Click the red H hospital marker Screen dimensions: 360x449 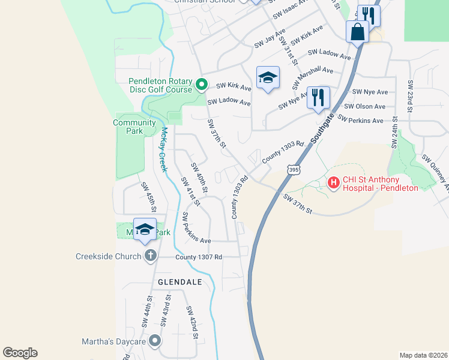pyautogui.click(x=333, y=181)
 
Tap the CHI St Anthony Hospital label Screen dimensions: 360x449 pyautogui.click(x=379, y=184)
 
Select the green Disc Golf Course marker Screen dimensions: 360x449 pyautogui.click(x=202, y=85)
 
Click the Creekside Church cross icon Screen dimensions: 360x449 pyautogui.click(x=150, y=256)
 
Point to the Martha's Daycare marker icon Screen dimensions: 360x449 pyautogui.click(x=155, y=341)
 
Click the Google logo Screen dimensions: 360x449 pyautogui.click(x=20, y=353)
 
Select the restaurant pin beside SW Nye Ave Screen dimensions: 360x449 pyautogui.click(x=318, y=97)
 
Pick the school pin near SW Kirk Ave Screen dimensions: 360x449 pyautogui.click(x=268, y=77)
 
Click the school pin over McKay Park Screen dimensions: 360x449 pyautogui.click(x=145, y=230)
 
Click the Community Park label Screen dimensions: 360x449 pyautogui.click(x=134, y=127)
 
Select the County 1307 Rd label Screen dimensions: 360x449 pyautogui.click(x=199, y=257)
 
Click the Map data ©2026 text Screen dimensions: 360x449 pyautogui.click(x=423, y=355)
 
